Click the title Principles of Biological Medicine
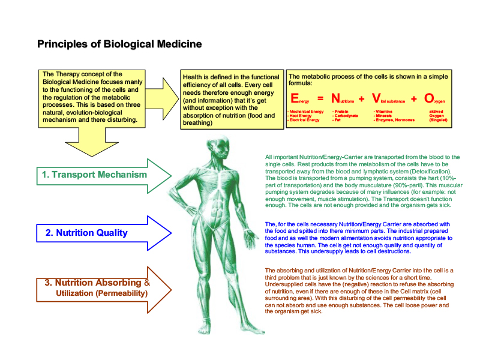pos(119,44)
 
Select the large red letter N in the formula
pos(336,99)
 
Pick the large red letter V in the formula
pos(376,99)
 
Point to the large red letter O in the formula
pos(429,99)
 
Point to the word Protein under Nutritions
pos(341,112)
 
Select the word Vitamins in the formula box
pos(383,112)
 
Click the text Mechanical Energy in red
pos(307,112)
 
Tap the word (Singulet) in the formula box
pos(438,120)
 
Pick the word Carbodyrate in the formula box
pos(346,116)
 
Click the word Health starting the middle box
pos(193,77)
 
